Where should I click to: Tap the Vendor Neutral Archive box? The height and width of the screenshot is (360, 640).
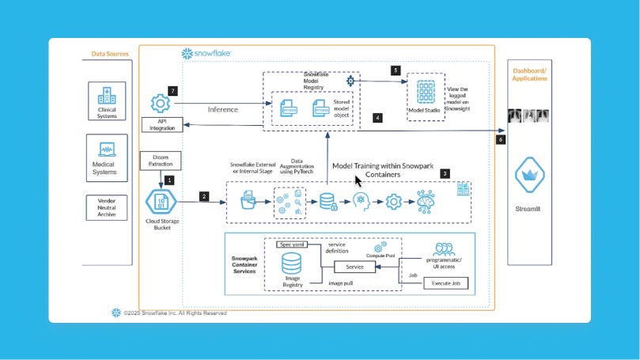pyautogui.click(x=106, y=206)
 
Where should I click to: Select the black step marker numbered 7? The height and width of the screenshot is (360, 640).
pyautogui.click(x=172, y=90)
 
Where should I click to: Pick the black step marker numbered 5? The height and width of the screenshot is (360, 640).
pyautogui.click(x=396, y=70)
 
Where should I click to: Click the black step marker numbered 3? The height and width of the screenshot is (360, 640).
pyautogui.click(x=445, y=172)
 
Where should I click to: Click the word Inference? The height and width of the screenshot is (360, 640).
pyautogui.click(x=224, y=109)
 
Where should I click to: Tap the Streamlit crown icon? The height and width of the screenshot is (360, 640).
pyautogui.click(x=528, y=179)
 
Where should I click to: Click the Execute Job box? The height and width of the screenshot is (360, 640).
pyautogui.click(x=446, y=282)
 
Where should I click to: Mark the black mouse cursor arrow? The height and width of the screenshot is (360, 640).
pyautogui.click(x=358, y=180)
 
